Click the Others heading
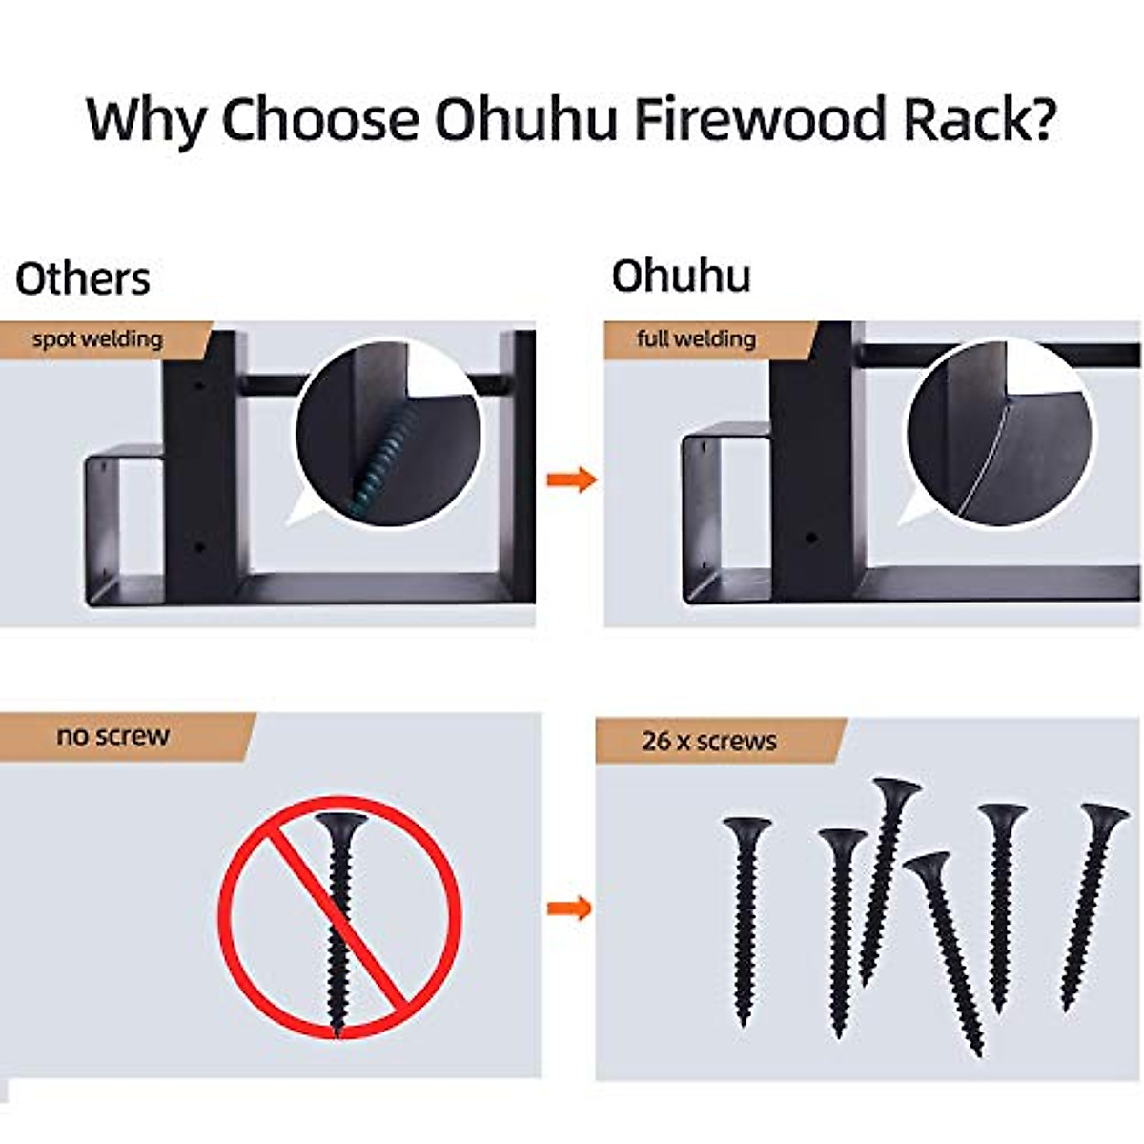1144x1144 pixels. [x=83, y=279]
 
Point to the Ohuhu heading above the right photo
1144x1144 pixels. [x=681, y=276]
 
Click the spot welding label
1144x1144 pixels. [x=97, y=339]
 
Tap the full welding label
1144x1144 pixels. [x=696, y=338]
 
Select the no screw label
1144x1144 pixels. [x=112, y=736]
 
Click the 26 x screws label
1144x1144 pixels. [x=709, y=741]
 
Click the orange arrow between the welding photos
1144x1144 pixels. [x=571, y=479]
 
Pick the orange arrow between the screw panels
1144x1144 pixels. [x=569, y=907]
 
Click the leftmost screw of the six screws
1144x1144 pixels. [x=746, y=915]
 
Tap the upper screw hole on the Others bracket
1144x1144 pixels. [x=199, y=388]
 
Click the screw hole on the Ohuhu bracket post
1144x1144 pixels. [x=810, y=539]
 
